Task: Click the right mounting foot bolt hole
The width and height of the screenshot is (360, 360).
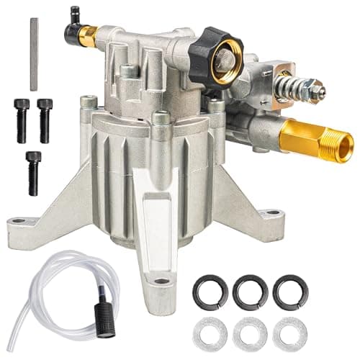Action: point(273,214)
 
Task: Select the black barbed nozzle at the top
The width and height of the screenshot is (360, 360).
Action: point(75,14)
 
